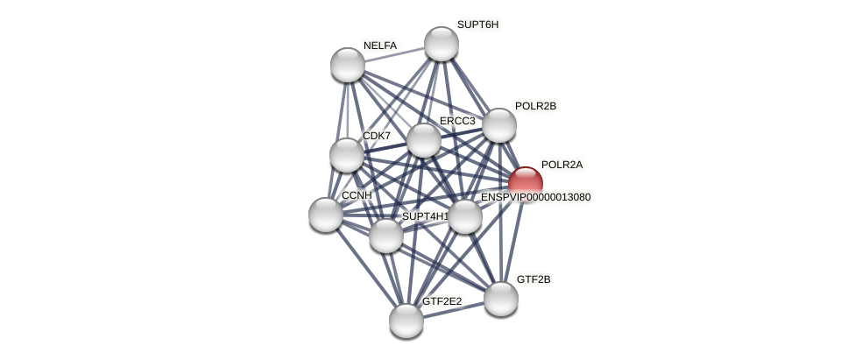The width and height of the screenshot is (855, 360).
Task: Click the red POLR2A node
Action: pos(525,184)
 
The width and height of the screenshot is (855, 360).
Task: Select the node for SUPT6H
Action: pos(441,44)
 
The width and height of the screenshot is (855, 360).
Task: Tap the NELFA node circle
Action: pos(348,65)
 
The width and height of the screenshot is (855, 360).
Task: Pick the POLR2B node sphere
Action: pos(499,125)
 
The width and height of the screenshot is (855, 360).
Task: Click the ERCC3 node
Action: pos(424,140)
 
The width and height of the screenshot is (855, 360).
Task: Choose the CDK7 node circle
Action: pos(347,155)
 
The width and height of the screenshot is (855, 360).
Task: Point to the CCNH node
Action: pos(326,215)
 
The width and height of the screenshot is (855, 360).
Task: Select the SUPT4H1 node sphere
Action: pos(385,235)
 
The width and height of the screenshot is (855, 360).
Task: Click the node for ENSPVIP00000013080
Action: pos(465,216)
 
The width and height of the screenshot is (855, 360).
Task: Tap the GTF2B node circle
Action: pos(501,299)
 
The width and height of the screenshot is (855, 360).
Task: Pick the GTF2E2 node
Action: pos(406,320)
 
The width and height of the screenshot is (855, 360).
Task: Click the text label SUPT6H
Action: pos(477,25)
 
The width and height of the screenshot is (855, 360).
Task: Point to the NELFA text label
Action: pos(380,46)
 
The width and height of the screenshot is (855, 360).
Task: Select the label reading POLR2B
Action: pos(535,106)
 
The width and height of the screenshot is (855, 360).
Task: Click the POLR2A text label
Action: pos(562,165)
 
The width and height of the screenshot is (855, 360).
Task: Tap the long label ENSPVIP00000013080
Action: pos(535,197)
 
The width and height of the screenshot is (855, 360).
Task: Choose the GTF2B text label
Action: pos(533,279)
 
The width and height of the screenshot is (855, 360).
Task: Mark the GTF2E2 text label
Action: pos(442,301)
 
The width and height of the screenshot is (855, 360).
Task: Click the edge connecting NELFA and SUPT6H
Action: pos(394,54)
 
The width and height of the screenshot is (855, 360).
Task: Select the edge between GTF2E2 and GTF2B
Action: pos(454,309)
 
